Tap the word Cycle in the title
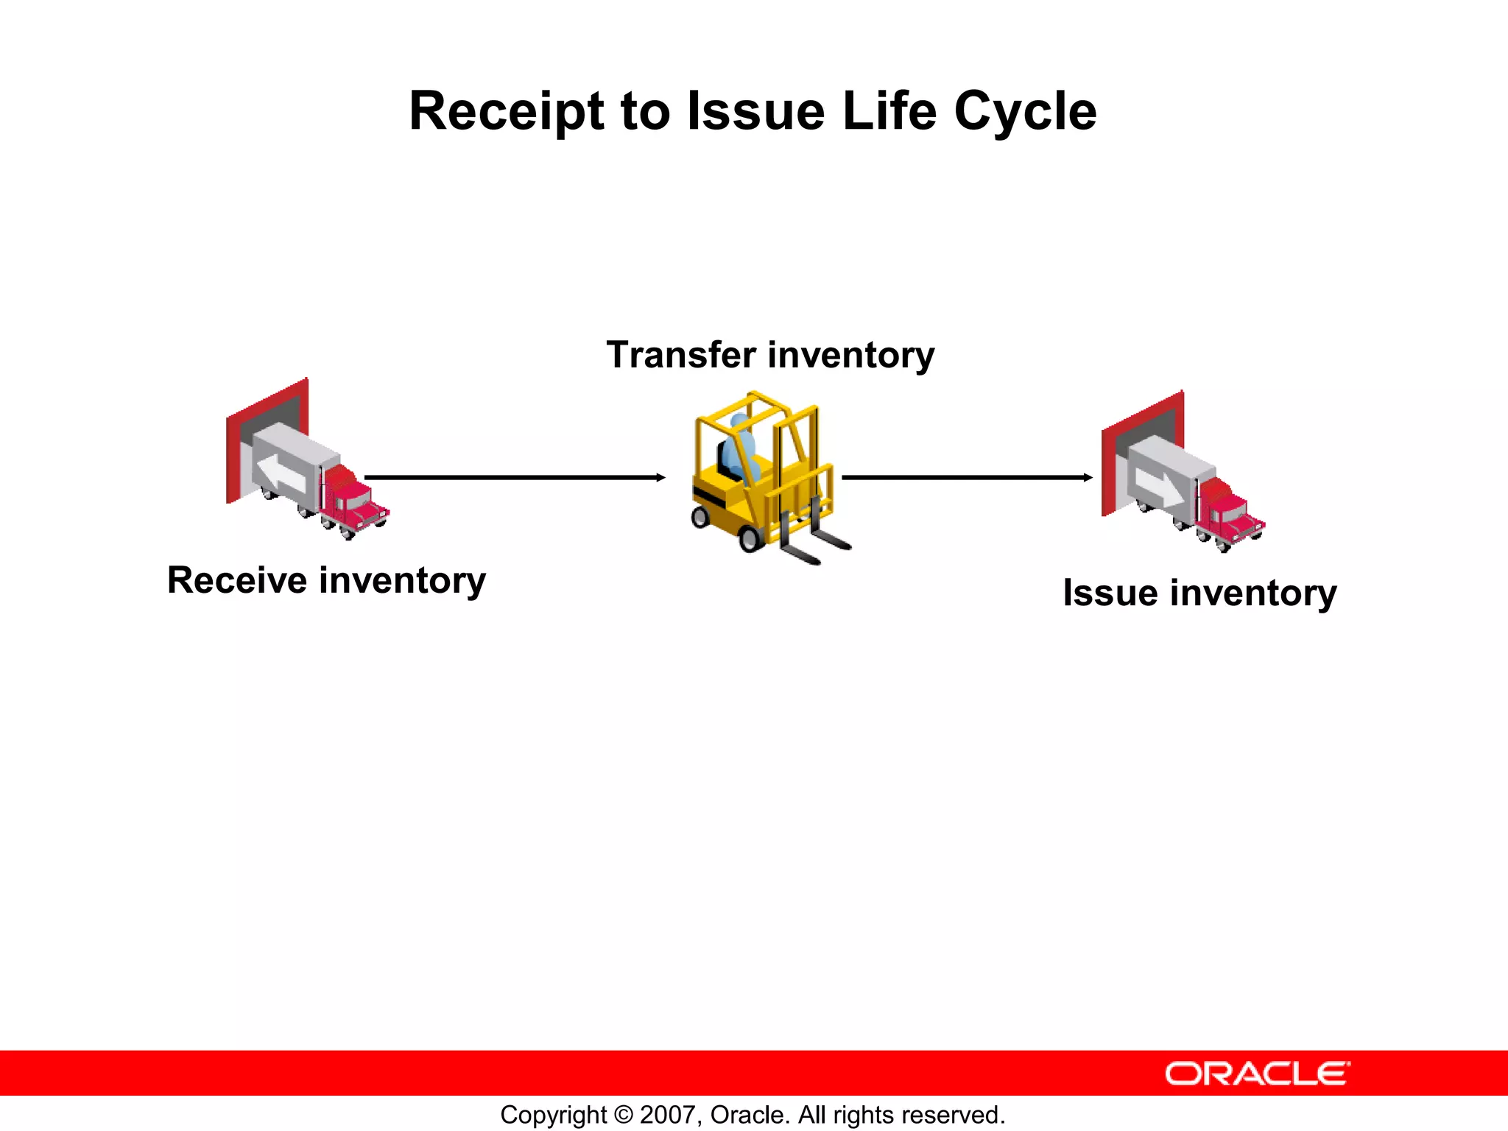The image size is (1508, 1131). (x=1025, y=112)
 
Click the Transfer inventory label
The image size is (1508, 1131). (x=770, y=356)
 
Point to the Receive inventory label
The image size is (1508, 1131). (x=326, y=580)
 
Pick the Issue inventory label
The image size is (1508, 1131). (x=1199, y=593)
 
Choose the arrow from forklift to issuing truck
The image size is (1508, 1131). (x=967, y=478)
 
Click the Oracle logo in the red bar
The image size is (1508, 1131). (x=1257, y=1074)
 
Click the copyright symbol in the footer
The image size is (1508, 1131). (x=623, y=1115)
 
